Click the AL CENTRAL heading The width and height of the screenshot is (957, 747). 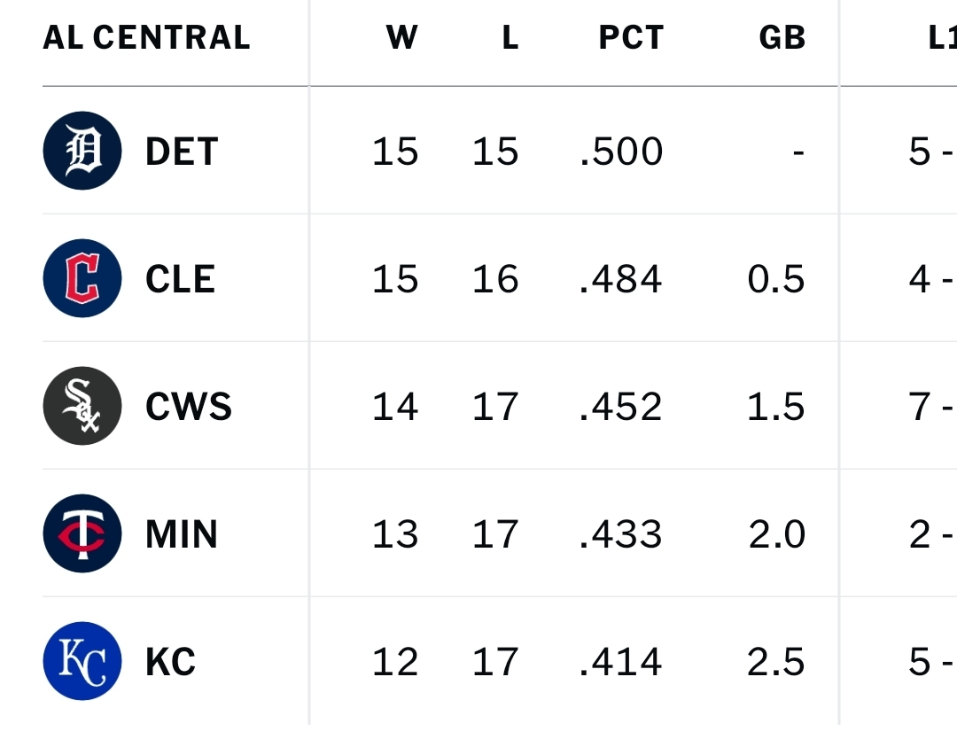[146, 37]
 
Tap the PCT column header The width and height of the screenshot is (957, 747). [630, 37]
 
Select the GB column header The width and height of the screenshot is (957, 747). [782, 37]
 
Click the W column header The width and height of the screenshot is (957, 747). [401, 37]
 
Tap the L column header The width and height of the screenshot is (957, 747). [510, 37]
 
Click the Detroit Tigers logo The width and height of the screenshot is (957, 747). [82, 151]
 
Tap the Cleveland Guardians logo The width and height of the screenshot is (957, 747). [82, 278]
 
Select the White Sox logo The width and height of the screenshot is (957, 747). [82, 406]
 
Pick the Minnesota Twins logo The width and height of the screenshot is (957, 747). [82, 533]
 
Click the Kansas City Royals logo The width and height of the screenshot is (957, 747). [82, 661]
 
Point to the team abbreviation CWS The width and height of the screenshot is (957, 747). [189, 407]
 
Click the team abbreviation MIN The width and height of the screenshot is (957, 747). [182, 534]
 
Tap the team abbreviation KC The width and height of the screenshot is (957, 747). [170, 662]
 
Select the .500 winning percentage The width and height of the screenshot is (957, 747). [620, 152]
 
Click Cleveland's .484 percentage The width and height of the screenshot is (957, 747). [620, 279]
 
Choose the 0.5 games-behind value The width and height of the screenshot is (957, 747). [775, 279]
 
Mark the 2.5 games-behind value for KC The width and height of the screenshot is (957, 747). [775, 662]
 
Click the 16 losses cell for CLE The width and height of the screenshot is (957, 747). [494, 279]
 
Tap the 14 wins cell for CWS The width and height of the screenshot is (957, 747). [394, 407]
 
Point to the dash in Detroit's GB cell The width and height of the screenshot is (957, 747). [798, 152]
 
